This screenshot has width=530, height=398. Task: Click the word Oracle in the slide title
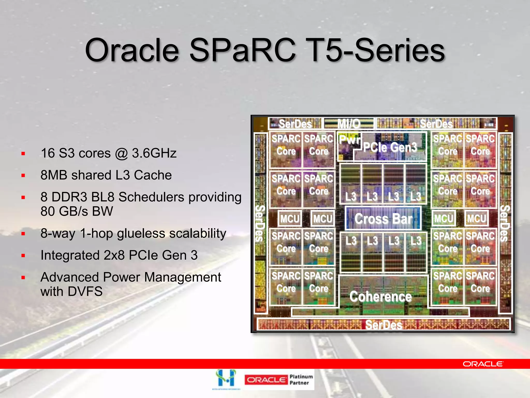point(132,51)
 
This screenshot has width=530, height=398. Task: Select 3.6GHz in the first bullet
point(154,153)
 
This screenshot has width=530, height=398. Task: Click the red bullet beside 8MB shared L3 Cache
point(23,175)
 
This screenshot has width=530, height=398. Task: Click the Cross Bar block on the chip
point(383,219)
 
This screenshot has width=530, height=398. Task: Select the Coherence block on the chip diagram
point(380,296)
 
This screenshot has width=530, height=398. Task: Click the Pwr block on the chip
point(349,140)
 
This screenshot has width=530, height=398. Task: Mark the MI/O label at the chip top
point(349,124)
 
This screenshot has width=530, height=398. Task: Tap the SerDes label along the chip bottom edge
point(384,325)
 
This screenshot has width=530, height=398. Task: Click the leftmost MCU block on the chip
point(290,219)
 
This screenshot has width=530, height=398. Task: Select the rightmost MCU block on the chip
point(476,218)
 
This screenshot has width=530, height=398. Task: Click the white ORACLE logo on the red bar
point(483,364)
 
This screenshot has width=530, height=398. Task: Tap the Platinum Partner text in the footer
point(301,380)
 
